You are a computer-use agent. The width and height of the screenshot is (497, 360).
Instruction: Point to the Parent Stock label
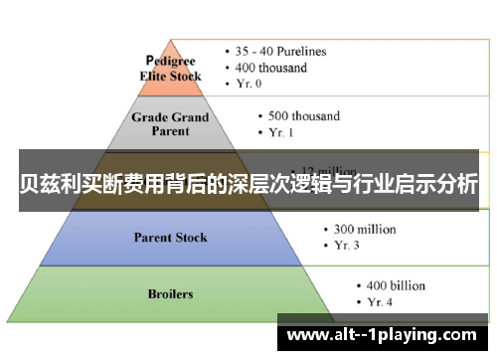click(x=171, y=237)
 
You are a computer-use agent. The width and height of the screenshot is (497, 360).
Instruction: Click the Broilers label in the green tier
click(x=170, y=293)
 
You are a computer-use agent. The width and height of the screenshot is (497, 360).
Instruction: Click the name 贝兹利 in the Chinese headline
click(x=45, y=184)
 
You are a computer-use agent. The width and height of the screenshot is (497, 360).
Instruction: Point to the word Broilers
click(x=170, y=293)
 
